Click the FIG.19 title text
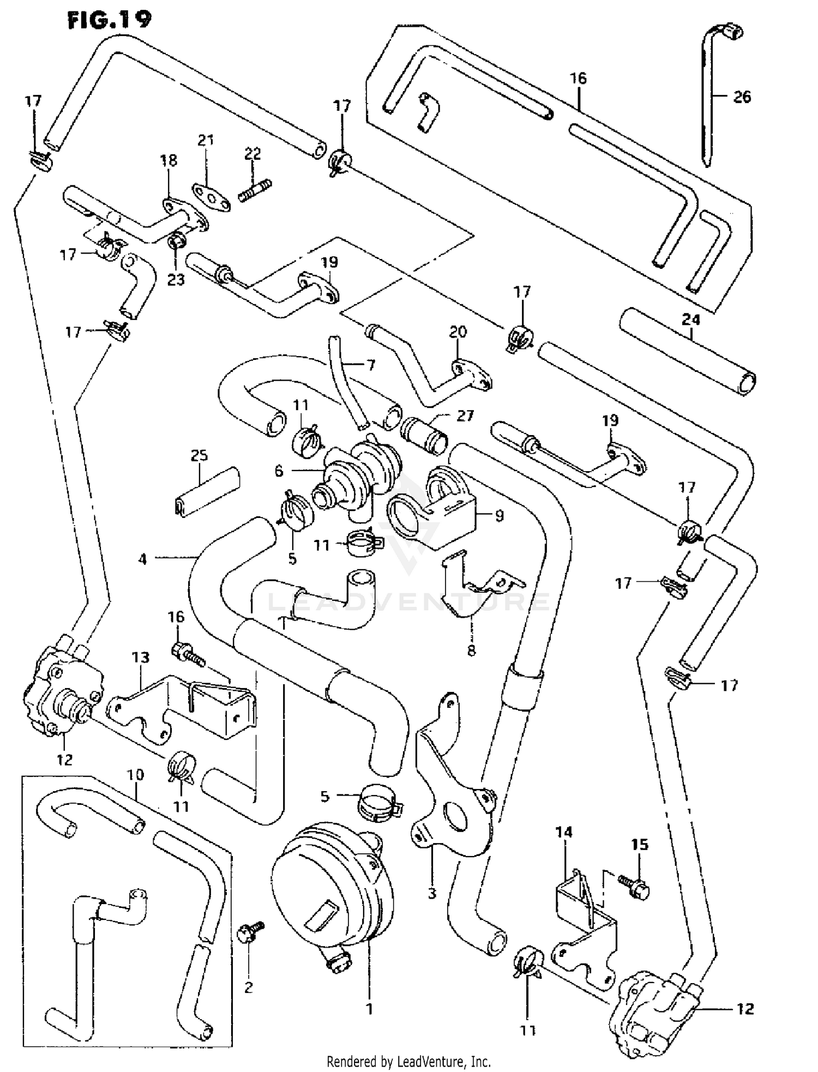(110, 20)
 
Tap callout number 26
(742, 97)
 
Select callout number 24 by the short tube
(690, 320)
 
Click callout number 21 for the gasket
(205, 140)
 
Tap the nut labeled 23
(176, 240)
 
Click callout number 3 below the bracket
(432, 894)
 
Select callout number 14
(564, 832)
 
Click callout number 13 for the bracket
(141, 657)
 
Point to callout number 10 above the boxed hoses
(135, 774)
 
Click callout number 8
(471, 650)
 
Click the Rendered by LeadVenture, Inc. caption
(408, 1062)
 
